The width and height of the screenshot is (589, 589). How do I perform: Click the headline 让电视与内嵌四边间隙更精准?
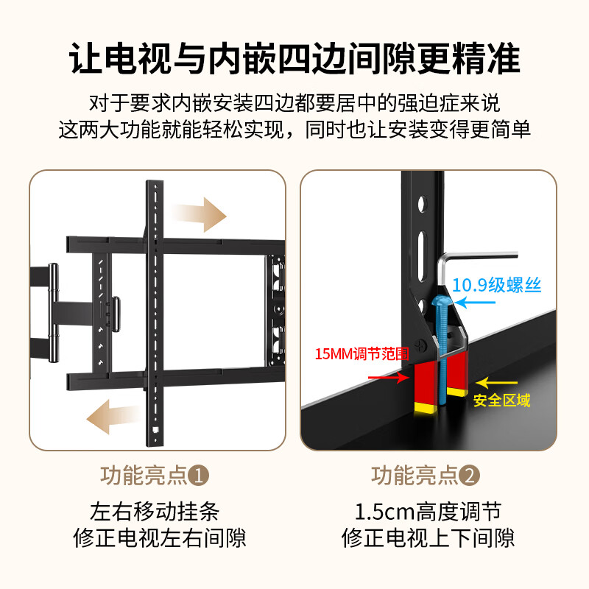click(x=294, y=60)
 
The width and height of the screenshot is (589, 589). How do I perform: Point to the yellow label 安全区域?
click(x=501, y=401)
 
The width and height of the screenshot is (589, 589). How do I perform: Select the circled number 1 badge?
click(x=200, y=476)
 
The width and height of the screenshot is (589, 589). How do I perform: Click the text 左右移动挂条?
click(x=155, y=510)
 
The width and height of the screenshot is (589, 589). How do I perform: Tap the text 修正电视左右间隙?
click(x=159, y=537)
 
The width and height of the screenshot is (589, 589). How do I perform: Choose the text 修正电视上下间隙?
click(x=428, y=537)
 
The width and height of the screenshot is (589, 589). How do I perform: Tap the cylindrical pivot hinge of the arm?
click(x=52, y=313)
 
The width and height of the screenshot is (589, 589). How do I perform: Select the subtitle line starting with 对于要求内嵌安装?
click(x=294, y=102)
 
